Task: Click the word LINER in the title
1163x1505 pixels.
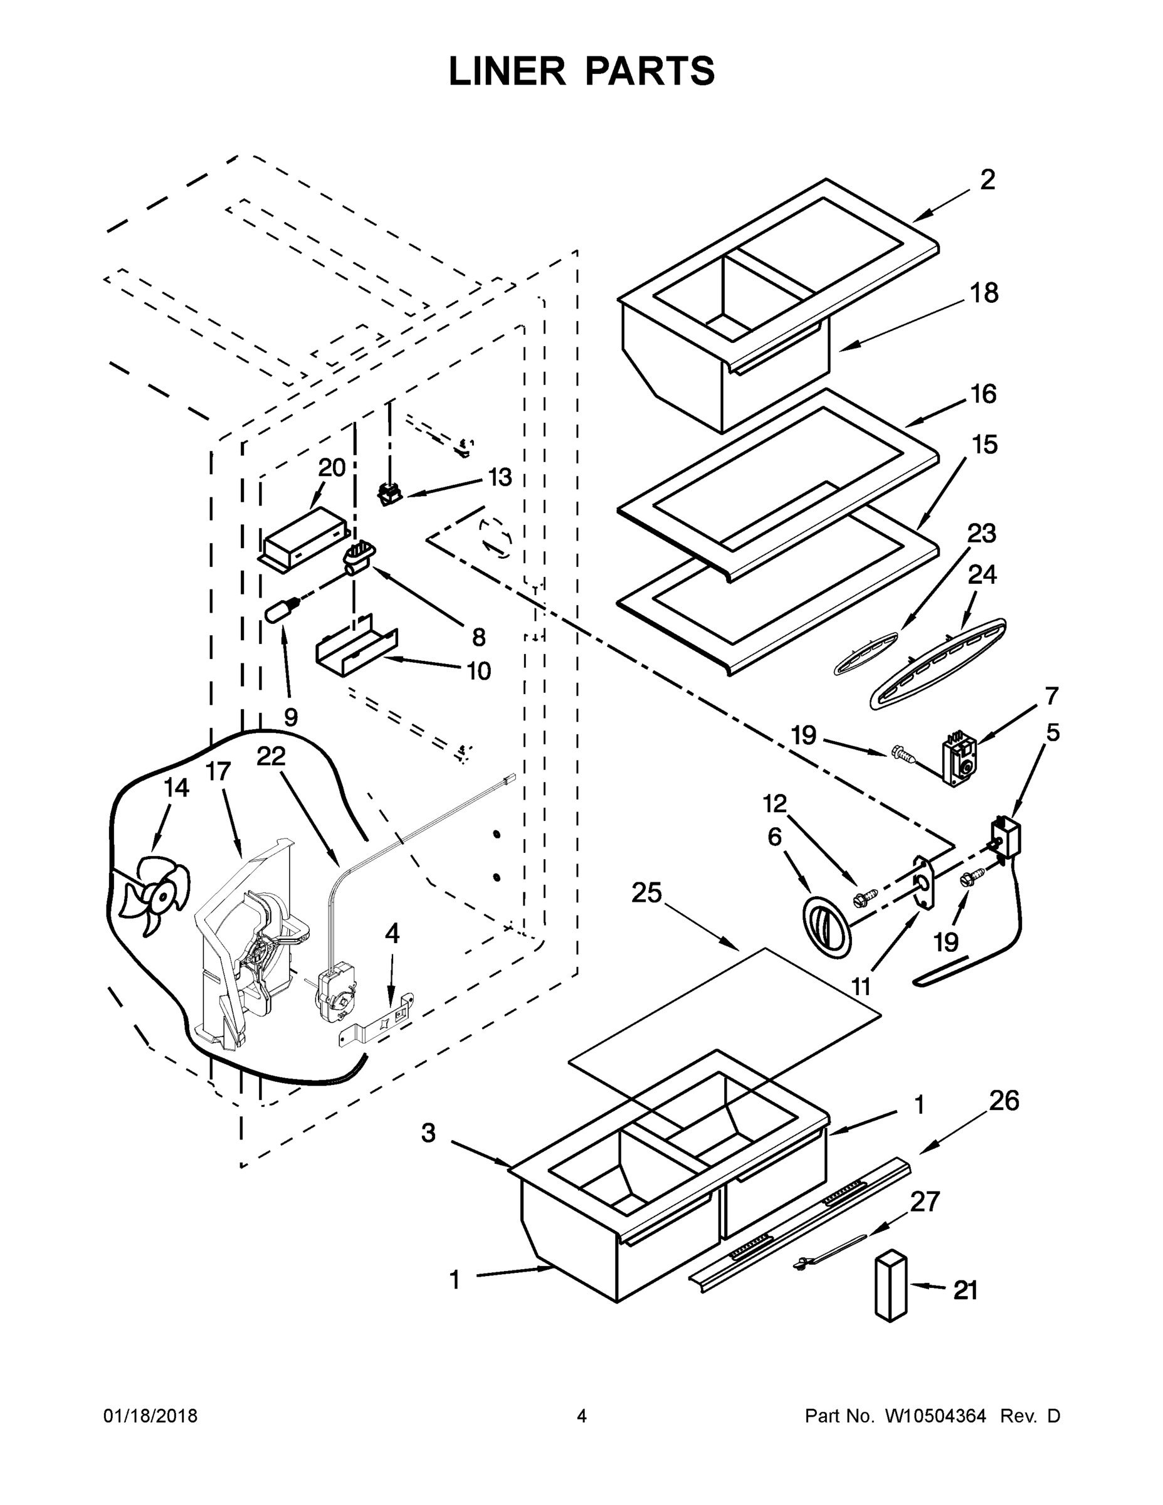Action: [507, 71]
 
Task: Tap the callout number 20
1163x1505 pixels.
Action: [332, 468]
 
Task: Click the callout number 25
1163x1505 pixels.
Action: [646, 894]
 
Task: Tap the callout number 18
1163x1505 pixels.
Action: [984, 293]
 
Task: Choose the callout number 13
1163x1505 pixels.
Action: [500, 477]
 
